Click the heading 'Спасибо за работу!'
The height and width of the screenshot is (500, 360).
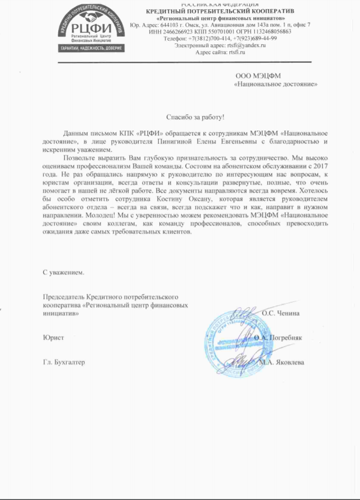coord(195,117)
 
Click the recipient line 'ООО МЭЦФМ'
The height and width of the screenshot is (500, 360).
coord(259,76)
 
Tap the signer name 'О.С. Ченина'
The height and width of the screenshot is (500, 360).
coord(281,313)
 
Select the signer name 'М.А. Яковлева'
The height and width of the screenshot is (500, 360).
coord(281,362)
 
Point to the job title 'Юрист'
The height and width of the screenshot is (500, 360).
coord(53,337)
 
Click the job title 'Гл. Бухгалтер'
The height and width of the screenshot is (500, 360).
coord(64,362)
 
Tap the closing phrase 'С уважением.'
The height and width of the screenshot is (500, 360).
coord(64,273)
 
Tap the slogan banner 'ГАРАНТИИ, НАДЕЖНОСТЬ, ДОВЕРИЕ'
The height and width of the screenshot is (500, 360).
coord(91,48)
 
